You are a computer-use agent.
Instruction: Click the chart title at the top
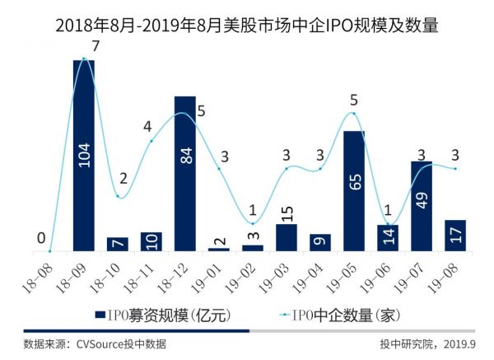point(247,24)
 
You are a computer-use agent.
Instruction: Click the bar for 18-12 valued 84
point(185,173)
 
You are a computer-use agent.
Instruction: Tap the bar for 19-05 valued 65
point(354,190)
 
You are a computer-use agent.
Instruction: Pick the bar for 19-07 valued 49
point(422,206)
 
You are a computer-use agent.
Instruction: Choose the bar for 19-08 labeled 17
point(455,236)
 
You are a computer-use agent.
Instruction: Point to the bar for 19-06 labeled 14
point(388,238)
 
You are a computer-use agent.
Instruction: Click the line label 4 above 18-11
point(147,128)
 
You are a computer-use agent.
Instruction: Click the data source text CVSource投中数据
point(95,344)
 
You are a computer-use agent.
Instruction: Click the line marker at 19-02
point(253,223)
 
